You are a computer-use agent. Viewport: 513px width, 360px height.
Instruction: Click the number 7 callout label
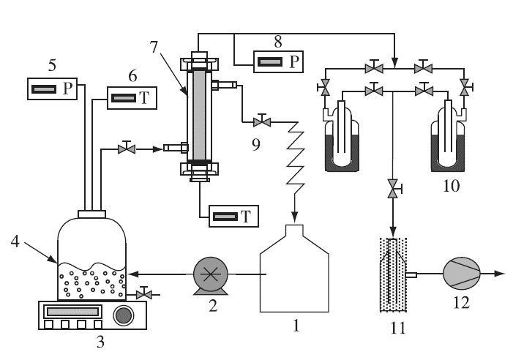tap(154, 47)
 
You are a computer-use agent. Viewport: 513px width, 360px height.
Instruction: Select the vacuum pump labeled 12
tap(461, 274)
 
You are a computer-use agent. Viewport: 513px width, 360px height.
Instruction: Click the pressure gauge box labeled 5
tap(53, 89)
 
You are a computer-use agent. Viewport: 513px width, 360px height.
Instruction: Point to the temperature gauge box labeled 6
tap(132, 98)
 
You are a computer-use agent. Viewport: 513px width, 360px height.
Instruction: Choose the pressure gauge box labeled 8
tap(278, 61)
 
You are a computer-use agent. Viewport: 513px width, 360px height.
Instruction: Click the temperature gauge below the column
tap(233, 216)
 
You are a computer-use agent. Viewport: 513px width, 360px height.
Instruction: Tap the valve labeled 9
tap(262, 121)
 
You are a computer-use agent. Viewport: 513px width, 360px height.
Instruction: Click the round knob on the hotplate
tap(124, 315)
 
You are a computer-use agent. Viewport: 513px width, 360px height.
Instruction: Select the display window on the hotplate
tap(72, 311)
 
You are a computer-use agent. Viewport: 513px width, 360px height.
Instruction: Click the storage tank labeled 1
tap(294, 268)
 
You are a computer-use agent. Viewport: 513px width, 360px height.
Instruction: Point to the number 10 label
tap(452, 186)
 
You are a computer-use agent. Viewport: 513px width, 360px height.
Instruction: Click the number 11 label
tap(398, 327)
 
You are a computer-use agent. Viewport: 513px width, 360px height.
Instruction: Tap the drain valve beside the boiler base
tap(143, 293)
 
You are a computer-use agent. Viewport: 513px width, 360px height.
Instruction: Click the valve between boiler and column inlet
tap(127, 149)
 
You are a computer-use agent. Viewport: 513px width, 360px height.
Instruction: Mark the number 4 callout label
tap(15, 242)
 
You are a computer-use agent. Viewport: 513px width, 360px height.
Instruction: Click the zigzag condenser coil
tap(296, 157)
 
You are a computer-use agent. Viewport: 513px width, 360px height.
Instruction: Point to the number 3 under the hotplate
tap(100, 342)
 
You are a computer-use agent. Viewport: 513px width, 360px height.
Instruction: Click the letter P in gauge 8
tap(294, 61)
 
